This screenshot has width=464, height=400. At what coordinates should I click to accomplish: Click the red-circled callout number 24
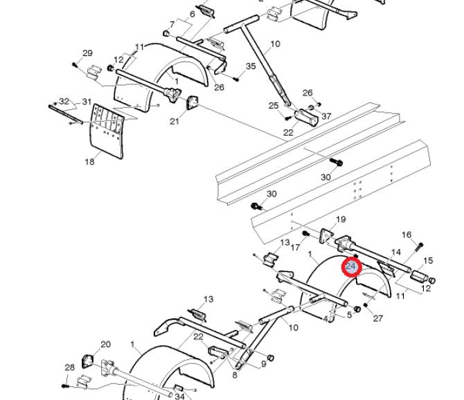[x=350, y=266]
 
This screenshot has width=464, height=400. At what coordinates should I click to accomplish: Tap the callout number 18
[x=89, y=161]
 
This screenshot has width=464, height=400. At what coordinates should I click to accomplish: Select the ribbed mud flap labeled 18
[x=107, y=131]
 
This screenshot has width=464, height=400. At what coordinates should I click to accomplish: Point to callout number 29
[x=87, y=53]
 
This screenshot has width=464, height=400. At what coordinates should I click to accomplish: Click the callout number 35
[x=251, y=66]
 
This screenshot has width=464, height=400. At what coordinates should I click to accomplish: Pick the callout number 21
[x=175, y=121]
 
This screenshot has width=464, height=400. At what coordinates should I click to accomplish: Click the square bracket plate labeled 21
[x=193, y=103]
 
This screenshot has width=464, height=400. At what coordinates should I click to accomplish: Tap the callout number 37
[x=326, y=116]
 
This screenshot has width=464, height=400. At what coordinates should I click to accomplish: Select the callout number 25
[x=274, y=106]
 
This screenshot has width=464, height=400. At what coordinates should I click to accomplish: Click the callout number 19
[x=341, y=219]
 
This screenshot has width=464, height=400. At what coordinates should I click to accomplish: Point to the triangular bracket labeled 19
[x=326, y=236]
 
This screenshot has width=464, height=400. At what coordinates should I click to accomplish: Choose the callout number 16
[x=407, y=235]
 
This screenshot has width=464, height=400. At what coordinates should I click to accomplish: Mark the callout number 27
[x=378, y=318]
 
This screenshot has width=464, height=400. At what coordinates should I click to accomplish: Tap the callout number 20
[x=106, y=345]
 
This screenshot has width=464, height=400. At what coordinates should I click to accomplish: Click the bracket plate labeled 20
[x=87, y=361]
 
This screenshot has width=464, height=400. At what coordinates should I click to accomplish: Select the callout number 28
[x=69, y=367]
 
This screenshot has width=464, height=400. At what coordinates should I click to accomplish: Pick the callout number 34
[x=179, y=396]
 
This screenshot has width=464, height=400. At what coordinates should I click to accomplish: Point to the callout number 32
[x=64, y=102]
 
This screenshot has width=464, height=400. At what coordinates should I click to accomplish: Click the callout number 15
[x=428, y=260]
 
